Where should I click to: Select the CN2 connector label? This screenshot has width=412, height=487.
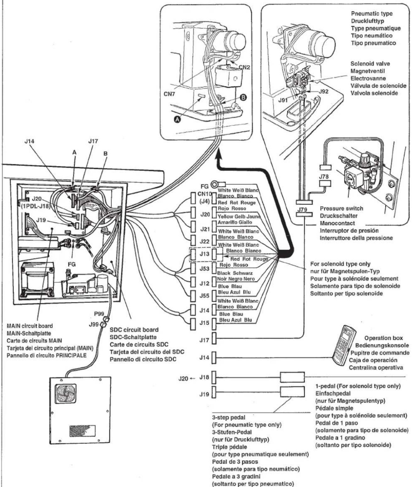(244, 67)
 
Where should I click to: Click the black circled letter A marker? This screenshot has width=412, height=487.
(178, 119)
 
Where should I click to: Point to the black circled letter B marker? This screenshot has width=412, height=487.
(243, 98)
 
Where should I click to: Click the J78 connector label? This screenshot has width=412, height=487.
(324, 177)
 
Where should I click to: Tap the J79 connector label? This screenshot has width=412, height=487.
(302, 209)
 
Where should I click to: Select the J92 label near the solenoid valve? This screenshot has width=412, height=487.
(323, 91)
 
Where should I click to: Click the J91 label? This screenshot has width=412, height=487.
(283, 100)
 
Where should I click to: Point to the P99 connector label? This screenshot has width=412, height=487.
(99, 314)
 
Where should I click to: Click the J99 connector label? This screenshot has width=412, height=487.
(94, 325)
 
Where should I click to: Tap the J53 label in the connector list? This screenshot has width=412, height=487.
(204, 268)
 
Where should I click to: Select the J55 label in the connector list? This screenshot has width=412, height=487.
(204, 295)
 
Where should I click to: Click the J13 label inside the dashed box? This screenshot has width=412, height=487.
(204, 254)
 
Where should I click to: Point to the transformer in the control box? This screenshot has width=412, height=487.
(38, 280)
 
